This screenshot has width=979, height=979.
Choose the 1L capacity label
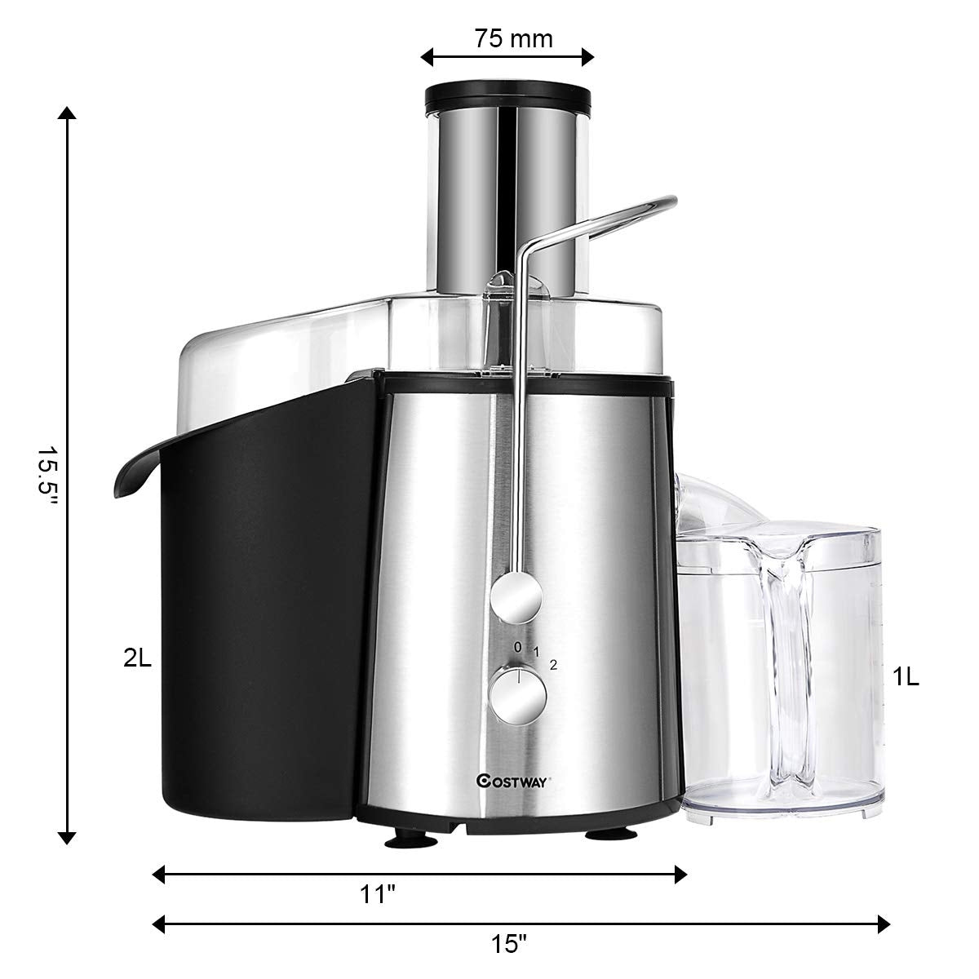click(x=906, y=677)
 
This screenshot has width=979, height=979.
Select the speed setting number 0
click(x=517, y=646)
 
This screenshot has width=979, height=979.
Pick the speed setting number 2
click(x=553, y=664)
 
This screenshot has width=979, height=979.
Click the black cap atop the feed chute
click(x=507, y=95)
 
